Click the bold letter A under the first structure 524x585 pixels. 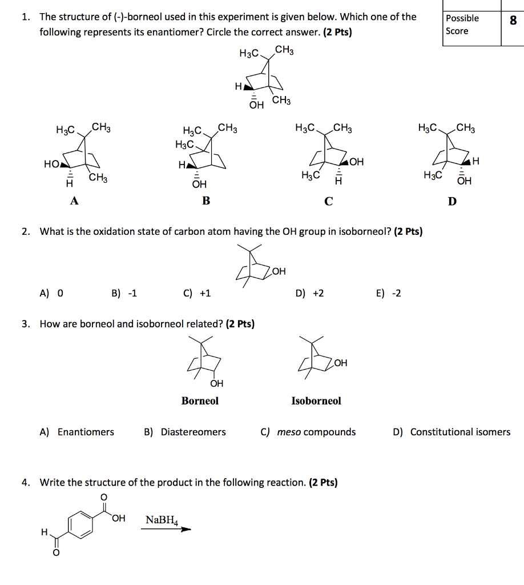click(x=74, y=201)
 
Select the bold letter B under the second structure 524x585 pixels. click(x=207, y=201)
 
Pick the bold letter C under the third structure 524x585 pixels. click(x=328, y=201)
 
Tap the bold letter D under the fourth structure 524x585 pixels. click(x=452, y=201)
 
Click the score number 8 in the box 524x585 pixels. click(x=513, y=21)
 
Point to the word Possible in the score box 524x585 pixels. click(x=462, y=18)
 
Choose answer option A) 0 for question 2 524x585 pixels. click(x=51, y=294)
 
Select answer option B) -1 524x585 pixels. click(x=124, y=294)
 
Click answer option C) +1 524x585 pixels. click(x=197, y=294)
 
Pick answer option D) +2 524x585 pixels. click(x=310, y=294)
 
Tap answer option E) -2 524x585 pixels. click(x=389, y=294)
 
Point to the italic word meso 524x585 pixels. click(x=289, y=432)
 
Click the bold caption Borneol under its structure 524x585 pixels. click(x=200, y=401)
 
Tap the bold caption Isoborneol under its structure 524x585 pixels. click(x=316, y=401)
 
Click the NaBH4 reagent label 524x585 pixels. click(x=162, y=520)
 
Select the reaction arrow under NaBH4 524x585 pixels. click(x=166, y=529)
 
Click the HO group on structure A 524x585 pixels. click(x=52, y=164)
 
